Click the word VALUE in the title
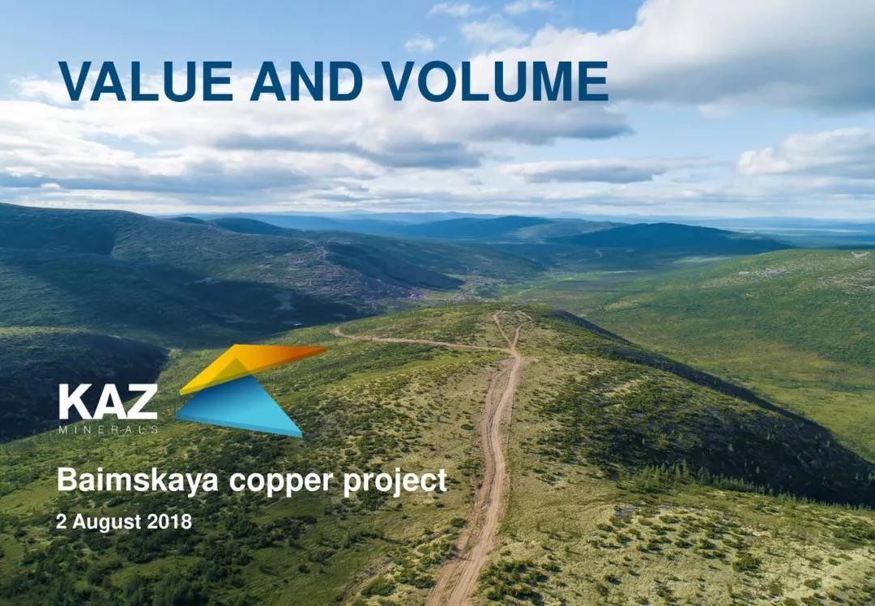[146, 82]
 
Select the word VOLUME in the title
[495, 82]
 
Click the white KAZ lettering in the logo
[108, 402]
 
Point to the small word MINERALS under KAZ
[109, 429]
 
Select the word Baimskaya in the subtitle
[137, 481]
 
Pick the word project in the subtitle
[395, 482]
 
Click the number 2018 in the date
[169, 522]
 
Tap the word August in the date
[107, 523]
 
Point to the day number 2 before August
[61, 522]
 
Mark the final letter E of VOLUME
[592, 82]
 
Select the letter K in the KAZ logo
[74, 402]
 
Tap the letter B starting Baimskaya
[66, 480]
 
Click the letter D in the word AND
[347, 82]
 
